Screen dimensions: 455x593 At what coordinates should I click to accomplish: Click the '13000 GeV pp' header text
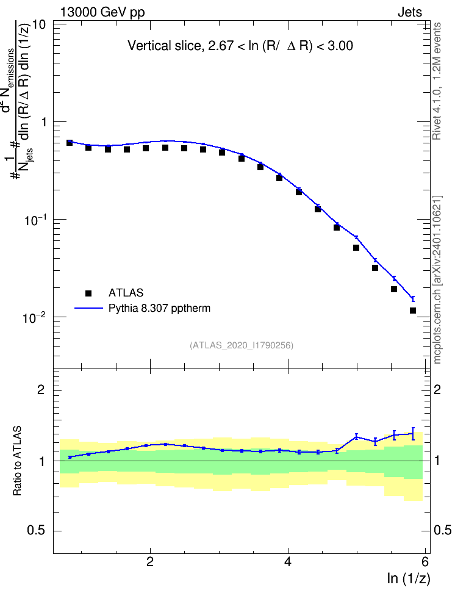(x=102, y=12)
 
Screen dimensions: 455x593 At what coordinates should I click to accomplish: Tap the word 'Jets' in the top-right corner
(x=410, y=12)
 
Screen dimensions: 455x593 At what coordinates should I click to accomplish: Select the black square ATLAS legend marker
(x=88, y=293)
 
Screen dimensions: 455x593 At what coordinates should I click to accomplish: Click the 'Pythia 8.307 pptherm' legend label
(x=159, y=308)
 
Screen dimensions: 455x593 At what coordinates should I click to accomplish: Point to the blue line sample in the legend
(x=89, y=308)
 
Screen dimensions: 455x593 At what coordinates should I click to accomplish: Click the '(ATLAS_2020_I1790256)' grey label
(x=242, y=345)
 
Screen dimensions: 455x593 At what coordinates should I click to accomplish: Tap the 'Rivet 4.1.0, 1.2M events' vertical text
(x=437, y=81)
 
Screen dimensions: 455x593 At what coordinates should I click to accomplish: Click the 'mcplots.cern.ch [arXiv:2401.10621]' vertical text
(x=437, y=279)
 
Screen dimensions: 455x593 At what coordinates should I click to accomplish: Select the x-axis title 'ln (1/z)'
(x=409, y=578)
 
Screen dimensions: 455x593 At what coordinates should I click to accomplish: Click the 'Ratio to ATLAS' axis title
(x=18, y=461)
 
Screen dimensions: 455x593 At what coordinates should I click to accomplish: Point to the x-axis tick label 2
(x=151, y=562)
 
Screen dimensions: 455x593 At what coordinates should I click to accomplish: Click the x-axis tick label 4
(x=288, y=562)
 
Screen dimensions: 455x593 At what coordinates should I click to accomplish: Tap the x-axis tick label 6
(x=425, y=562)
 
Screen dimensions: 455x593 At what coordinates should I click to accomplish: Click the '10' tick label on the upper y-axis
(x=39, y=25)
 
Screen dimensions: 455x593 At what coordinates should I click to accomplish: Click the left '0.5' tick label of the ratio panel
(x=37, y=531)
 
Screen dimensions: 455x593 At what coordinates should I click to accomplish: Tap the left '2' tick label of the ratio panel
(x=41, y=389)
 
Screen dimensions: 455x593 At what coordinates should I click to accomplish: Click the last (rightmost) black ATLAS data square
(x=413, y=311)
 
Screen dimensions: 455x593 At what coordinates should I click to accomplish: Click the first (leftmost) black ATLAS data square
(x=69, y=143)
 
